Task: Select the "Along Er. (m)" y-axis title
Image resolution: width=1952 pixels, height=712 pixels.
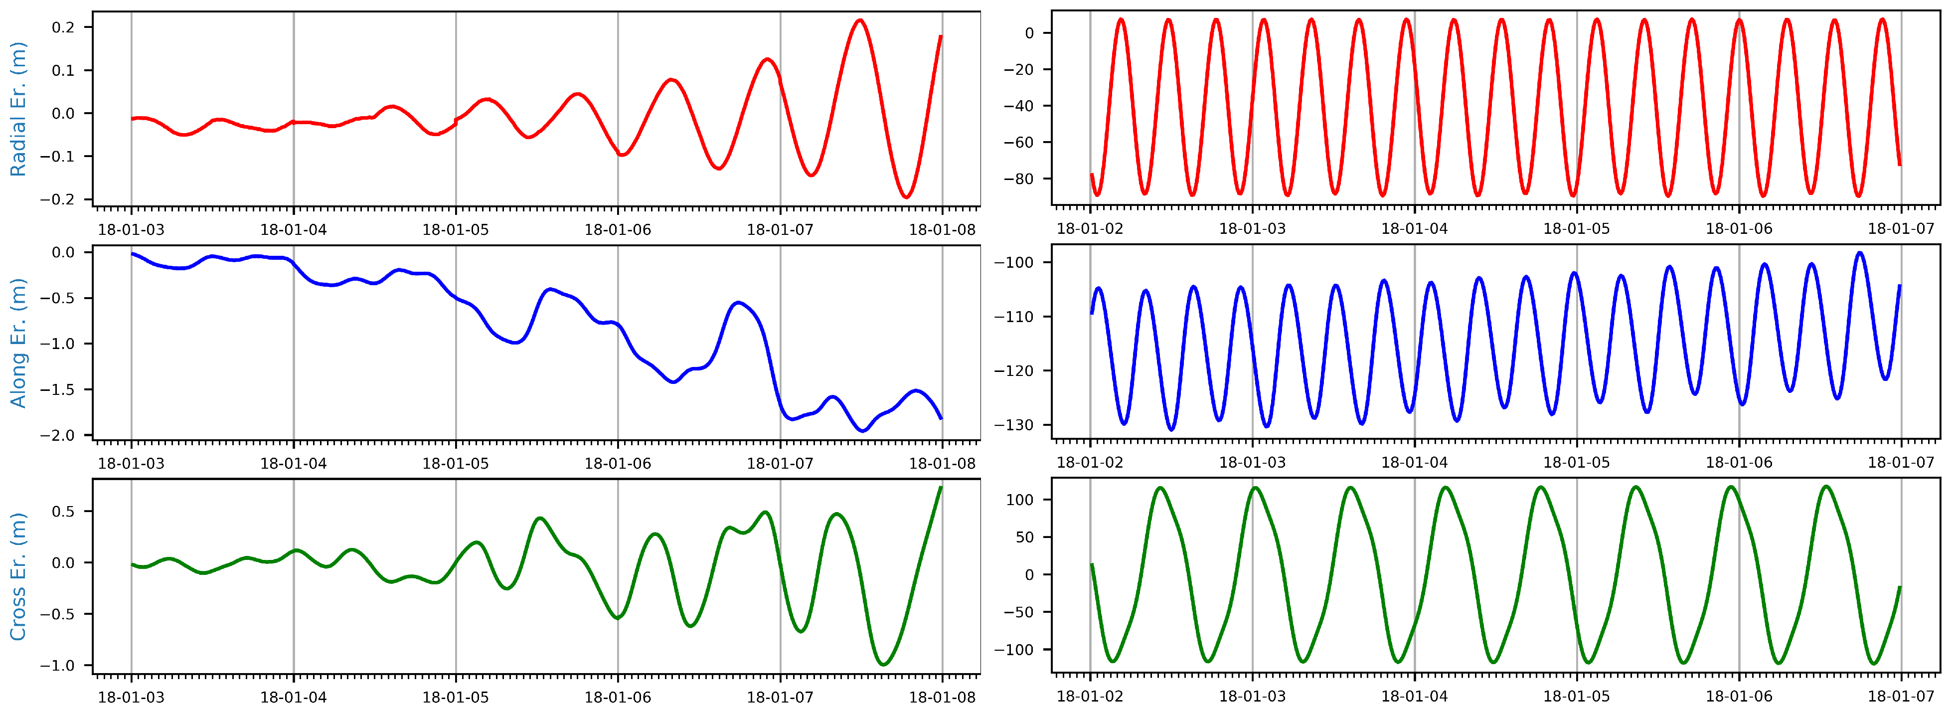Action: [17, 343]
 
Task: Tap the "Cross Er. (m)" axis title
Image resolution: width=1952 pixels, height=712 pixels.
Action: [17, 576]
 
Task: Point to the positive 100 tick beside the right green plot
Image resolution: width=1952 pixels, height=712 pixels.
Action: [1019, 500]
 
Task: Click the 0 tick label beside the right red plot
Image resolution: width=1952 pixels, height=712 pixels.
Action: [1029, 33]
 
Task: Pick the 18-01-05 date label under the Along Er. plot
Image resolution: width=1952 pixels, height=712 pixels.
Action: [456, 463]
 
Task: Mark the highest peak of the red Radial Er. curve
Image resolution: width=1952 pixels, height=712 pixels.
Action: [860, 20]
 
